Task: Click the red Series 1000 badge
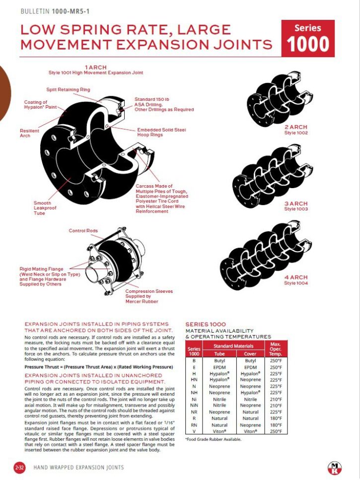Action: coord(307,38)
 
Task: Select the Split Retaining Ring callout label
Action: coord(68,89)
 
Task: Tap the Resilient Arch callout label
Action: coord(29,133)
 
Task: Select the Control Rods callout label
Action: coord(83,231)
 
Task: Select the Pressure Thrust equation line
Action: coord(98,367)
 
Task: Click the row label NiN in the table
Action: coord(193,405)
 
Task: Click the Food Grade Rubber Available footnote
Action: coord(213,439)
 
